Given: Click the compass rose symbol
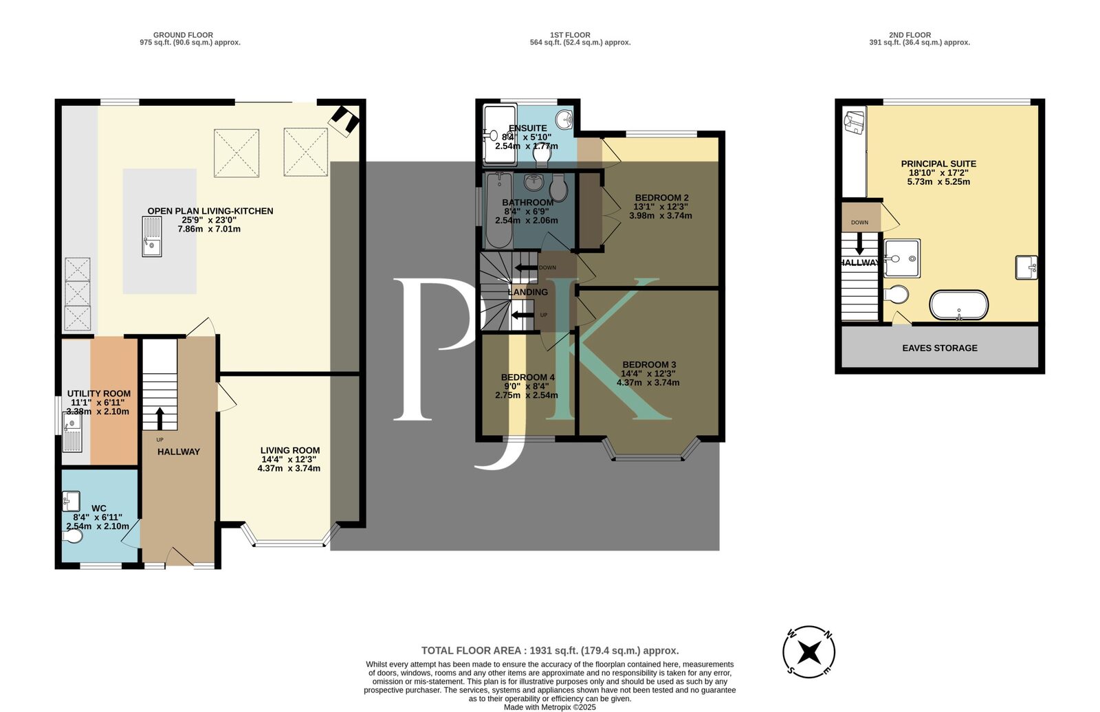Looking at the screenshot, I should (x=809, y=651).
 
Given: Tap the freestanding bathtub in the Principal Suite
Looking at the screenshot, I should (x=958, y=305).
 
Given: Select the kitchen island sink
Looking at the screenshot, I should (x=152, y=236).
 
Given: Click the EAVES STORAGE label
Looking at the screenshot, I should (x=939, y=348).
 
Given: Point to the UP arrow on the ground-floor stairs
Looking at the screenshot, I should (x=159, y=418).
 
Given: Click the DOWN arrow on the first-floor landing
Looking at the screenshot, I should (x=526, y=267).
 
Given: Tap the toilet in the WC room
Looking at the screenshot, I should (x=72, y=535).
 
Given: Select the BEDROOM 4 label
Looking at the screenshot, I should (x=527, y=377).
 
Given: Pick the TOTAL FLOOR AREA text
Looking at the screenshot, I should (x=549, y=650).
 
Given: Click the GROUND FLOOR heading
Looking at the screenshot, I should (x=183, y=35).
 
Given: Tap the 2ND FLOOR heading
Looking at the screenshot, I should (x=910, y=35).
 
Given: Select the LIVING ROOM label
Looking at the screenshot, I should (x=289, y=450).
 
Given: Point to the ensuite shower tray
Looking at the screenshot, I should (x=498, y=135).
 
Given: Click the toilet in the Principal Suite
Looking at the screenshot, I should (x=896, y=294).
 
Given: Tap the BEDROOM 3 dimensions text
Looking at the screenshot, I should (x=649, y=378).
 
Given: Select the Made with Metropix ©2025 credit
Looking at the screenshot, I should (x=549, y=707).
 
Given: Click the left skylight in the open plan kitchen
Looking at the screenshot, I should (x=236, y=154).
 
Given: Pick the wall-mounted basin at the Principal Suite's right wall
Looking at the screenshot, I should (x=1026, y=267).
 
